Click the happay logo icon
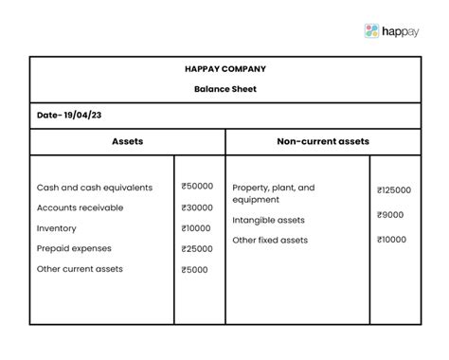[371, 30]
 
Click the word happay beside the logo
[407, 31]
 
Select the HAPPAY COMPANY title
[225, 69]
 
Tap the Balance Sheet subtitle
[225, 89]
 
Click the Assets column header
[127, 141]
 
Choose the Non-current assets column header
[322, 141]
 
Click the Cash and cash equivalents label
[95, 188]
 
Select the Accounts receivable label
[85, 207]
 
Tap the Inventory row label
[57, 228]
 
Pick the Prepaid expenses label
[74, 248]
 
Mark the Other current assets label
[80, 269]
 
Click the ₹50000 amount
[197, 188]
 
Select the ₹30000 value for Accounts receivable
[197, 207]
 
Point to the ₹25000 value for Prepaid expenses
[197, 248]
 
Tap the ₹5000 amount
[195, 269]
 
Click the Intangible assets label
[269, 220]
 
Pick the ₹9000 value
[390, 215]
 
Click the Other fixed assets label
[270, 240]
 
